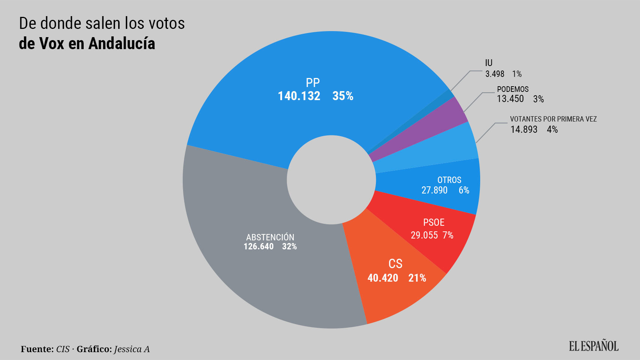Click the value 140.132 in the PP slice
(x=299, y=96)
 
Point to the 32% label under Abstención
(x=289, y=247)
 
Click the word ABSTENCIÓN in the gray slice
(x=270, y=237)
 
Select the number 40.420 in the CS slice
(x=383, y=278)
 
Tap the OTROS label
(x=449, y=180)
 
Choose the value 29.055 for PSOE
(x=424, y=235)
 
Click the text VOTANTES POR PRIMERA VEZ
(x=553, y=119)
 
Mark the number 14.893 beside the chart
(x=524, y=130)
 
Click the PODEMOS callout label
(x=512, y=89)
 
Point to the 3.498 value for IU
(x=494, y=74)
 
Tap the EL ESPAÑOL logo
(x=593, y=346)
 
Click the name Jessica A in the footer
(x=132, y=349)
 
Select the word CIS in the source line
(x=63, y=349)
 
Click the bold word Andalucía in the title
(x=122, y=44)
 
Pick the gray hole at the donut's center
(x=331, y=180)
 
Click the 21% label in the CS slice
(x=417, y=278)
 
